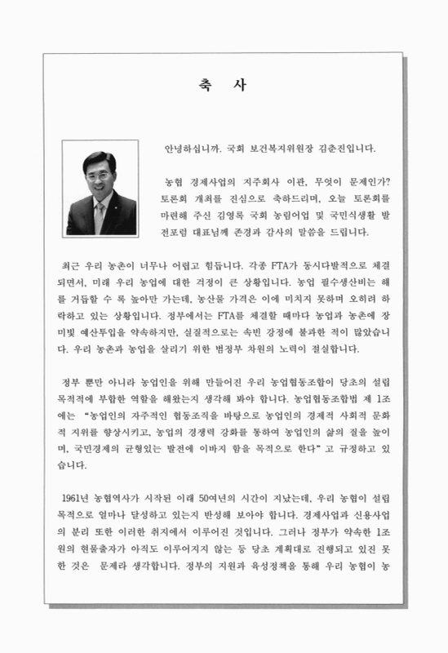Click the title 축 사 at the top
pyautogui.click(x=223, y=83)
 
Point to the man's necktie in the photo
pyautogui.click(x=100, y=216)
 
